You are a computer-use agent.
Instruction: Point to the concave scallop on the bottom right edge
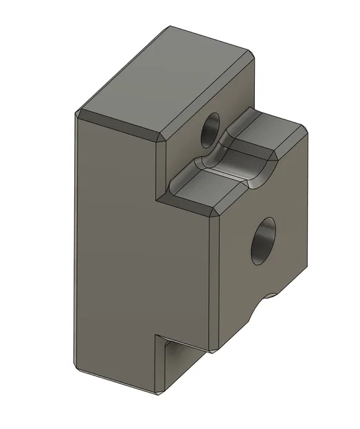pos(265,302)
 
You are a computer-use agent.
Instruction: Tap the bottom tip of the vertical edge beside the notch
pos(159,393)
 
